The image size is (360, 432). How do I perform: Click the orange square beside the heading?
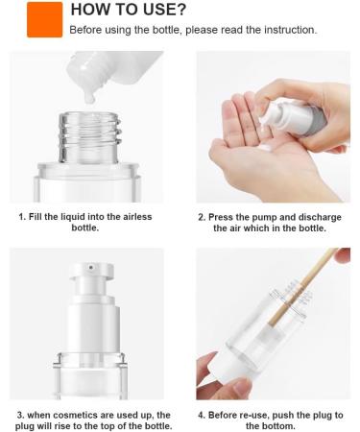tap(44, 19)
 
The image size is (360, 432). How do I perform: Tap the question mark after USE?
tap(180, 10)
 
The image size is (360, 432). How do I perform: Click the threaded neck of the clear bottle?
tap(89, 137)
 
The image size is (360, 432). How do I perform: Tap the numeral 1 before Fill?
tap(21, 217)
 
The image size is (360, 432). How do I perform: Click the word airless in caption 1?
tap(136, 217)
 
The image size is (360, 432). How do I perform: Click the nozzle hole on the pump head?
tap(91, 267)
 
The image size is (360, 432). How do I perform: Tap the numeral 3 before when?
tap(20, 416)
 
